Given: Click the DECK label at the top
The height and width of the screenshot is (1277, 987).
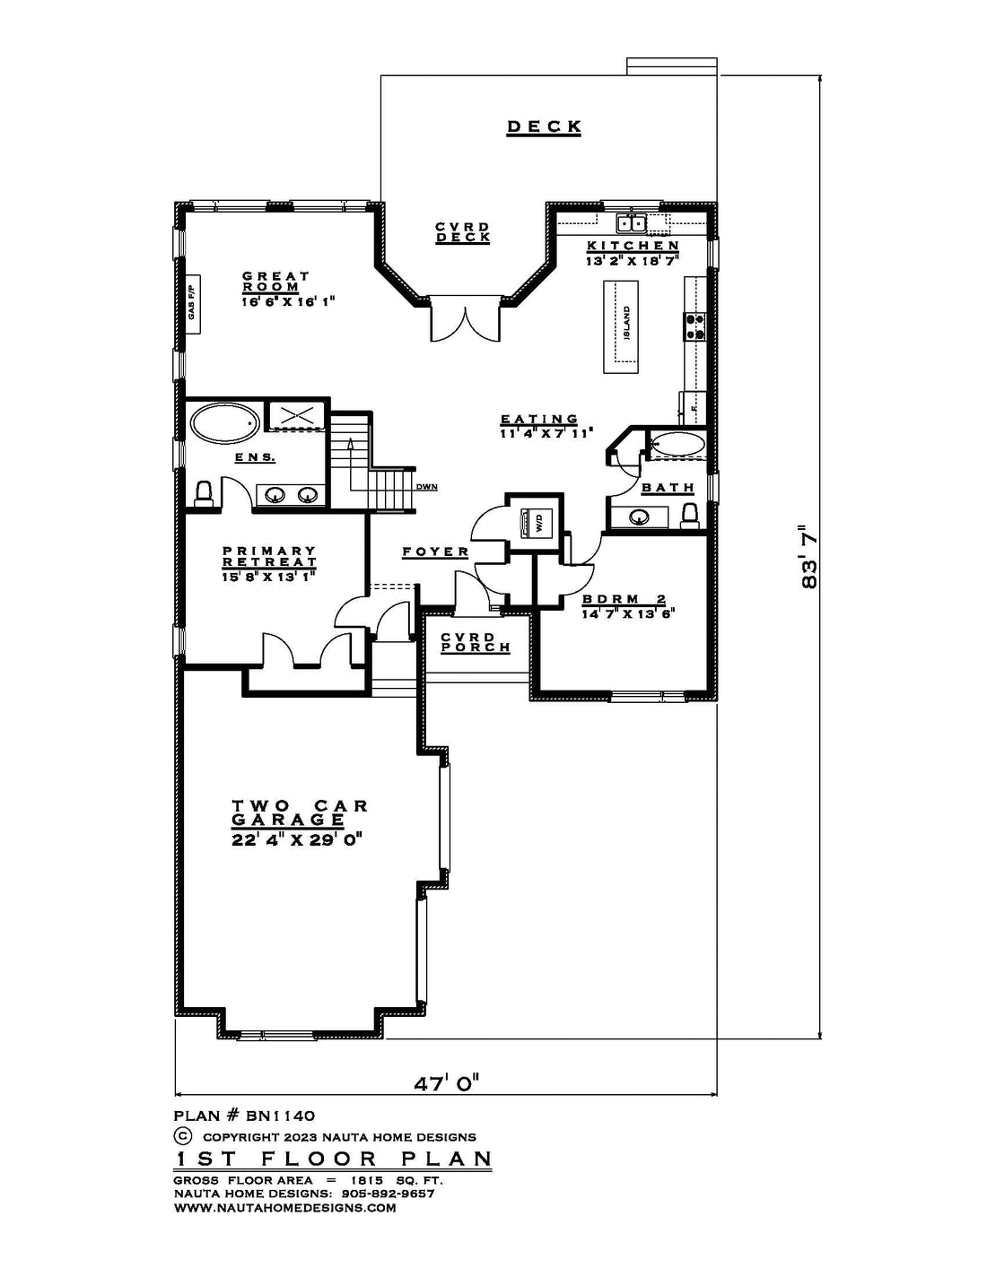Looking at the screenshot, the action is coord(544,127).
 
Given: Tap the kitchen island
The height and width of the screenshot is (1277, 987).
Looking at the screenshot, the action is coord(621,326).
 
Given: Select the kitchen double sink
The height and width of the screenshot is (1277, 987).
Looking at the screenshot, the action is coord(632,223).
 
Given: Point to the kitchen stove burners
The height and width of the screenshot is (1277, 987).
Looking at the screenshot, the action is coord(694,326).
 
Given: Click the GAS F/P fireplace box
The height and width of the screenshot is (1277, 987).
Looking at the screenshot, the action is coord(193,304).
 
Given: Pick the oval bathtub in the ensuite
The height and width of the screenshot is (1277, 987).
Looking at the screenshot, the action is coord(225,422).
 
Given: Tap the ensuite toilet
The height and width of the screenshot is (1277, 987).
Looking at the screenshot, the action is coord(204,493).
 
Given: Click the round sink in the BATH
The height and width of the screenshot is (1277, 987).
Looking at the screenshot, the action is coord(638,517).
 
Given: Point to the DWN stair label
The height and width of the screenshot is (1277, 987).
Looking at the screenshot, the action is coord(426,487).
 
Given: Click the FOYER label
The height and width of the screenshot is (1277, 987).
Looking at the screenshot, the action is coord(435,552).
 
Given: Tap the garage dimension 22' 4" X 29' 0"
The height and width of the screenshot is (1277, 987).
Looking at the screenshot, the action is coord(295,840).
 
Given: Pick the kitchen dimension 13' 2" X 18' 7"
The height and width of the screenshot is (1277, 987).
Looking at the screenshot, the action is coord(633,261).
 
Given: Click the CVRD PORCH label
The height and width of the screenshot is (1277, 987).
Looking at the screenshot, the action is coord(475,642).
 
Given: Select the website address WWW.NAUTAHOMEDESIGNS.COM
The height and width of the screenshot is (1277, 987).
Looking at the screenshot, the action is coord(284,1208).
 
